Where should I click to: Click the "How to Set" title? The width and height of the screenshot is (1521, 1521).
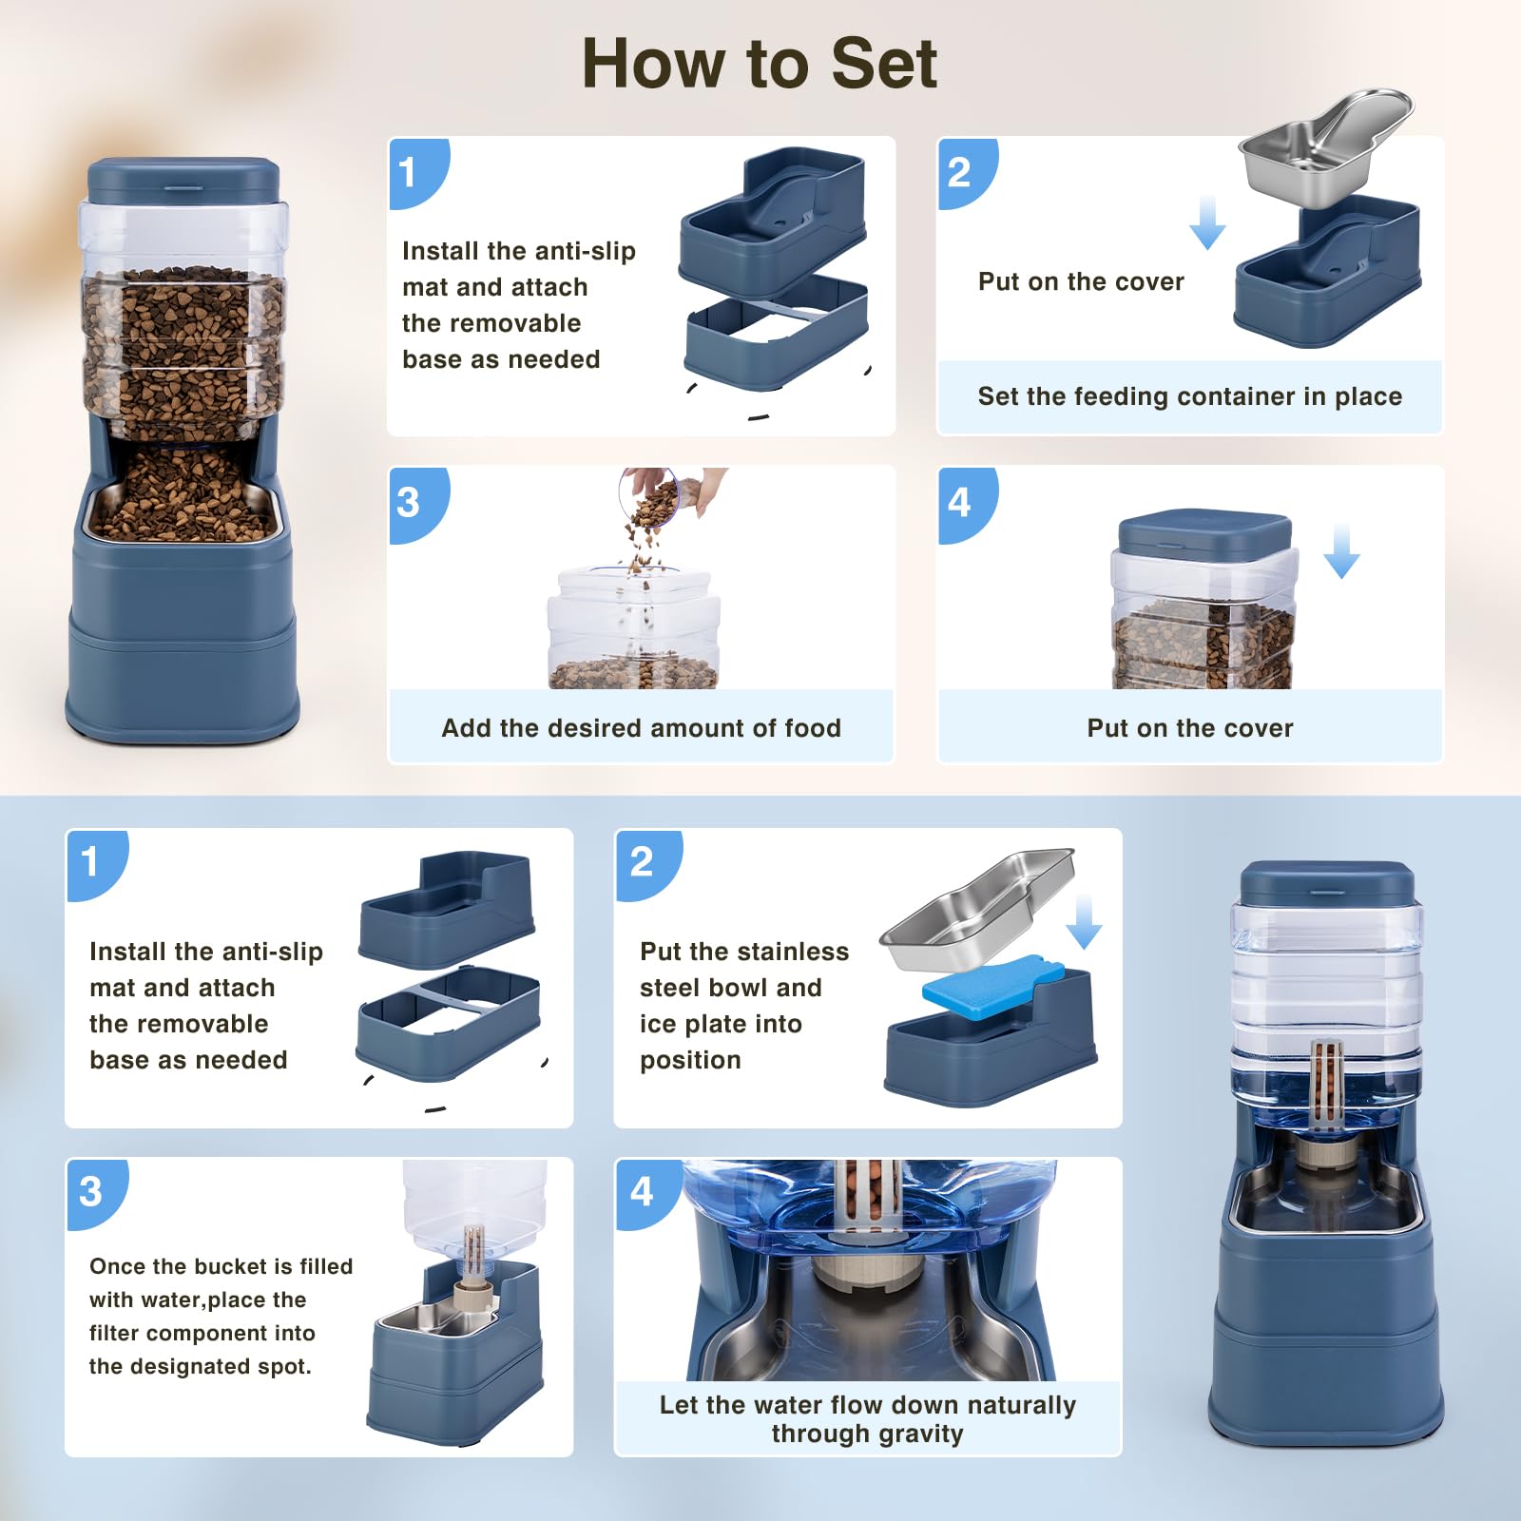[760, 64]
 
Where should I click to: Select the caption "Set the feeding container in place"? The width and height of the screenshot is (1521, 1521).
[1189, 396]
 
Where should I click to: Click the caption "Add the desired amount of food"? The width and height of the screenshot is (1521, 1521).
[641, 728]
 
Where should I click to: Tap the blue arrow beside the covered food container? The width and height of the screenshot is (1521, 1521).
[1341, 550]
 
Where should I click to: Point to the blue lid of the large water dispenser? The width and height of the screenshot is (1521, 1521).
[1327, 883]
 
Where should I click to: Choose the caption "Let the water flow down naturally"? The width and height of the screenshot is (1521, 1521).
[867, 1405]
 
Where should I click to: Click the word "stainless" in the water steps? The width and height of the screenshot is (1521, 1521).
[791, 952]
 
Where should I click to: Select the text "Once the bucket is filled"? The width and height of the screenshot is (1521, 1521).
[221, 1266]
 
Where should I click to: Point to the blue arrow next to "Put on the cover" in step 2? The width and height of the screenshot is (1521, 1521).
[1207, 222]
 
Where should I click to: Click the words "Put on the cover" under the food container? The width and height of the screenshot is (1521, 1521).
[1190, 728]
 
